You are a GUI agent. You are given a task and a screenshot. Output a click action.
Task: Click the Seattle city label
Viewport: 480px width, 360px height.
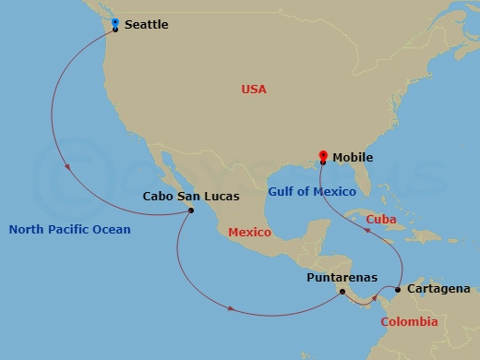tap(146, 25)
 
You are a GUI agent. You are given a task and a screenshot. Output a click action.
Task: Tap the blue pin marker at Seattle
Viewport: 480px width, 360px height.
tap(114, 23)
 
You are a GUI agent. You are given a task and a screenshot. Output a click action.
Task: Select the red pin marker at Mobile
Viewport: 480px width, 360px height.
tap(322, 155)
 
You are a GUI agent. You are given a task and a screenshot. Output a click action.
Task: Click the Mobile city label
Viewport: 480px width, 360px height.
tap(353, 157)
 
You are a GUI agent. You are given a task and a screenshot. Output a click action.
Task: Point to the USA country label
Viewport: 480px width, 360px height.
tap(254, 90)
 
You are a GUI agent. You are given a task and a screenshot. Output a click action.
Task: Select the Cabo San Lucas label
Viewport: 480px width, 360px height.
tap(191, 196)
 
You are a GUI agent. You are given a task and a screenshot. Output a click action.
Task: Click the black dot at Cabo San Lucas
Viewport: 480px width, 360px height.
tap(191, 210)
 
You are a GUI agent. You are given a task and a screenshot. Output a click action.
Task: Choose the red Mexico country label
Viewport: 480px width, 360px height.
tap(249, 232)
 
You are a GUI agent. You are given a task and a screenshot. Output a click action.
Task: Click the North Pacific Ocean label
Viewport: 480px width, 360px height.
tap(70, 229)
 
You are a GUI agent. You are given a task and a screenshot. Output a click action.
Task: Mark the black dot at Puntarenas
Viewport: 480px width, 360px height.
tap(342, 293)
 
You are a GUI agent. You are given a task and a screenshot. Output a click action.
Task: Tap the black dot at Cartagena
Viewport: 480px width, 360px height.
tap(398, 290)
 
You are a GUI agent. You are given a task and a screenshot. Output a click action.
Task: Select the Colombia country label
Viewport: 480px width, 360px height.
tap(409, 322)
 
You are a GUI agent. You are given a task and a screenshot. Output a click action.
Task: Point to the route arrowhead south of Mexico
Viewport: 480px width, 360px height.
tap(228, 309)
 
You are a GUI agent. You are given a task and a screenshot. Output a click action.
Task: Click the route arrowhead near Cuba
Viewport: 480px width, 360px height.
tap(370, 232)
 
